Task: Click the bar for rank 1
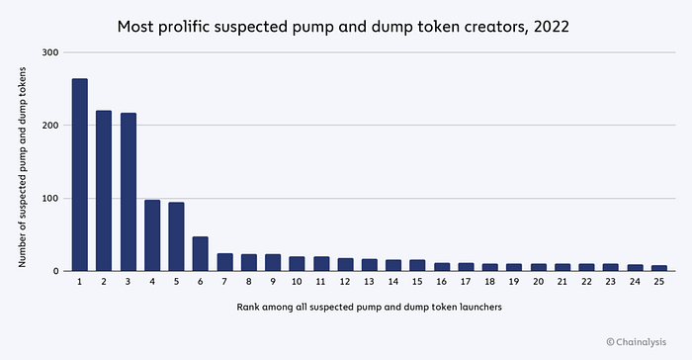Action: (80, 175)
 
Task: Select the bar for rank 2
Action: (104, 191)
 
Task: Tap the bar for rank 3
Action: (128, 192)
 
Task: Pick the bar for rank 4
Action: (152, 235)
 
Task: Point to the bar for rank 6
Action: (201, 254)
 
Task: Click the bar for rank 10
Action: (297, 264)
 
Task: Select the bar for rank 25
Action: (659, 268)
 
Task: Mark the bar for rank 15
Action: (417, 265)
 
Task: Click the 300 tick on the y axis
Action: (50, 52)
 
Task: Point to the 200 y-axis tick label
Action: (50, 126)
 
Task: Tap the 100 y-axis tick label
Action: (50, 199)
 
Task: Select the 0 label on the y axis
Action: (55, 271)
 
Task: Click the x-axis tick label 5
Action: (177, 282)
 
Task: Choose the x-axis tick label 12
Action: (345, 282)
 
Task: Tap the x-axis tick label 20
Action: (539, 282)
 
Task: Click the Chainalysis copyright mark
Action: (637, 342)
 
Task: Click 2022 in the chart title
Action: (552, 27)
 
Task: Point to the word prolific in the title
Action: (184, 27)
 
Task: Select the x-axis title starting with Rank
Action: (370, 307)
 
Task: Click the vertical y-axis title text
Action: (22, 167)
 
